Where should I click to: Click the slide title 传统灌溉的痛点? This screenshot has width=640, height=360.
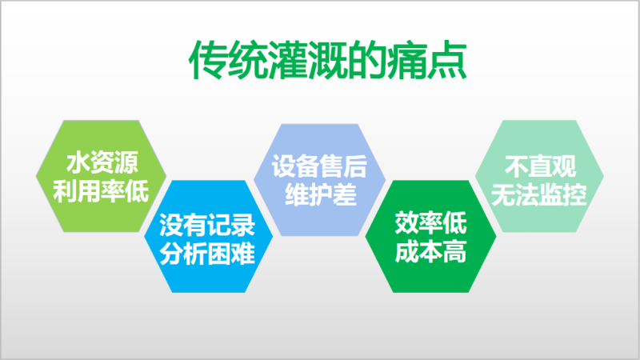coord(328,59)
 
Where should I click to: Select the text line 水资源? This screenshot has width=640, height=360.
coord(102,162)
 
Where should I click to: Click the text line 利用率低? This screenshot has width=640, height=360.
coord(101,190)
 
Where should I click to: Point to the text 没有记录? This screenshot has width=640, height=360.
coord(207,225)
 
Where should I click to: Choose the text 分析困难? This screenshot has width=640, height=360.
coord(207,253)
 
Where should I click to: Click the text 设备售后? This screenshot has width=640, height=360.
coord(319,166)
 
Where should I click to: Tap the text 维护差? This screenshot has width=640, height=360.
coord(321,194)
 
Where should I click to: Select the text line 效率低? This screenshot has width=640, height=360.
coord(430,223)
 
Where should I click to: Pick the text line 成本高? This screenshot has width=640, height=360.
coord(430,251)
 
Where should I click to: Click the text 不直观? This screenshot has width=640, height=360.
coord(540,166)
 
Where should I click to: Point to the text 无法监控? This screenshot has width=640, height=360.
coord(538,194)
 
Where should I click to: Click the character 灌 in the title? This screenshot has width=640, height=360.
coord(288,59)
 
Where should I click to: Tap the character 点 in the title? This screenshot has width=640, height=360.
coord(447,59)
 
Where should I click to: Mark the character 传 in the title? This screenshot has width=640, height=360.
coord(208,59)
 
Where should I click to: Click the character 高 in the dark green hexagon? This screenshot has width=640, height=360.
coord(454,251)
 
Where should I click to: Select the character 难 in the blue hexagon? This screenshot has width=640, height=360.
coord(244,253)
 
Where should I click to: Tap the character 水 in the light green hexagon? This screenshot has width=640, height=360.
coord(78,162)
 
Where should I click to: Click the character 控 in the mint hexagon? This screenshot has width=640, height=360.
coord(575,194)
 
